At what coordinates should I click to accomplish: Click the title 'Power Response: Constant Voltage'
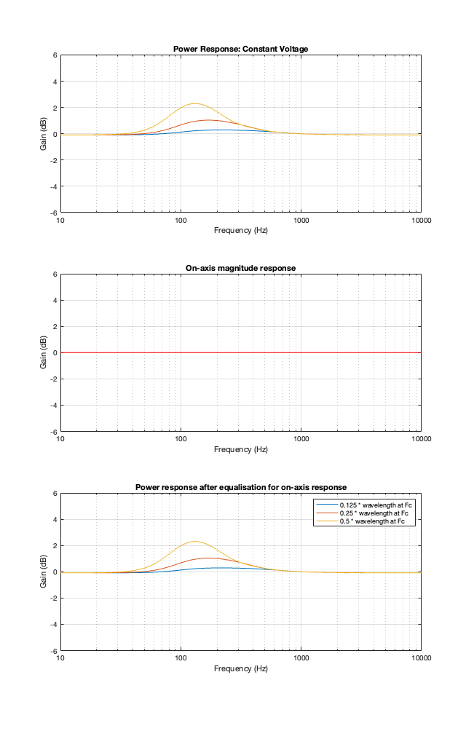(x=240, y=49)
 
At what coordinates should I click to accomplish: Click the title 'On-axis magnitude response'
(x=240, y=268)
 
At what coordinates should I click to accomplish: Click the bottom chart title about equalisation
(x=240, y=487)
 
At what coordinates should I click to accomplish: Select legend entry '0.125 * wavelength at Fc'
(x=376, y=505)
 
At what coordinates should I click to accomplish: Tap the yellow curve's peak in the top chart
(x=194, y=103)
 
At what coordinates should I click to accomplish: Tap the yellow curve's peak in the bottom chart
(x=194, y=542)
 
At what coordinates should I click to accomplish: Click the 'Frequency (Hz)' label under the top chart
(x=240, y=230)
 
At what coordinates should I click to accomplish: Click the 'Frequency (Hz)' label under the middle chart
(x=240, y=449)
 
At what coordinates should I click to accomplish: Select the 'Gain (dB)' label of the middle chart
(x=44, y=352)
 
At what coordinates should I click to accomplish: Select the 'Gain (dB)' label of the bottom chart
(x=44, y=572)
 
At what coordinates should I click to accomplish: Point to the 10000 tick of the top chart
(x=420, y=219)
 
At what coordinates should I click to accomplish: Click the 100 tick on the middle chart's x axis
(x=181, y=438)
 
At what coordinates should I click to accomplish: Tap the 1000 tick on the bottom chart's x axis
(x=301, y=657)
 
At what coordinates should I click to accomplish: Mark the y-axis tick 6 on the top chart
(x=54, y=55)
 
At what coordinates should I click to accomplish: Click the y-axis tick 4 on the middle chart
(x=54, y=301)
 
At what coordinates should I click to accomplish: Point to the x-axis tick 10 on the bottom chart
(x=61, y=657)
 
